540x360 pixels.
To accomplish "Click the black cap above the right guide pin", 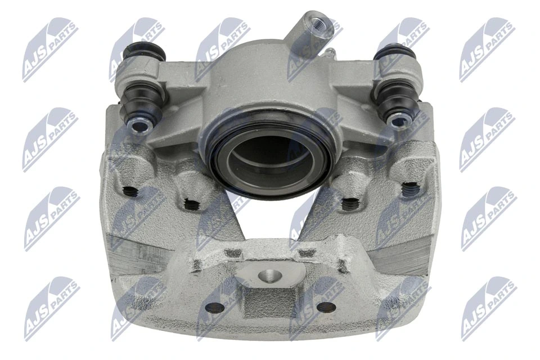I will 394,54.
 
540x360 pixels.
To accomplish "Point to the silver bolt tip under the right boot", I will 399,121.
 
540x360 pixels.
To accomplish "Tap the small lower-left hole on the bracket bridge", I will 214,308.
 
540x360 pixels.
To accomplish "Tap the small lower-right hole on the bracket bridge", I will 325,307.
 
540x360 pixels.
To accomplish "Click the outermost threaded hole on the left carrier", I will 130,190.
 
